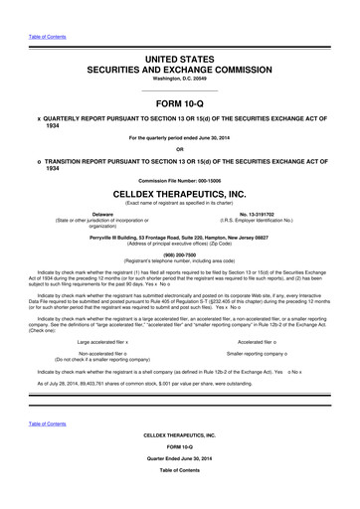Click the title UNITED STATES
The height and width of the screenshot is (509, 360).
tap(179, 62)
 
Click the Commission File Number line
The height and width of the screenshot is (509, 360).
tap(179, 179)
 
